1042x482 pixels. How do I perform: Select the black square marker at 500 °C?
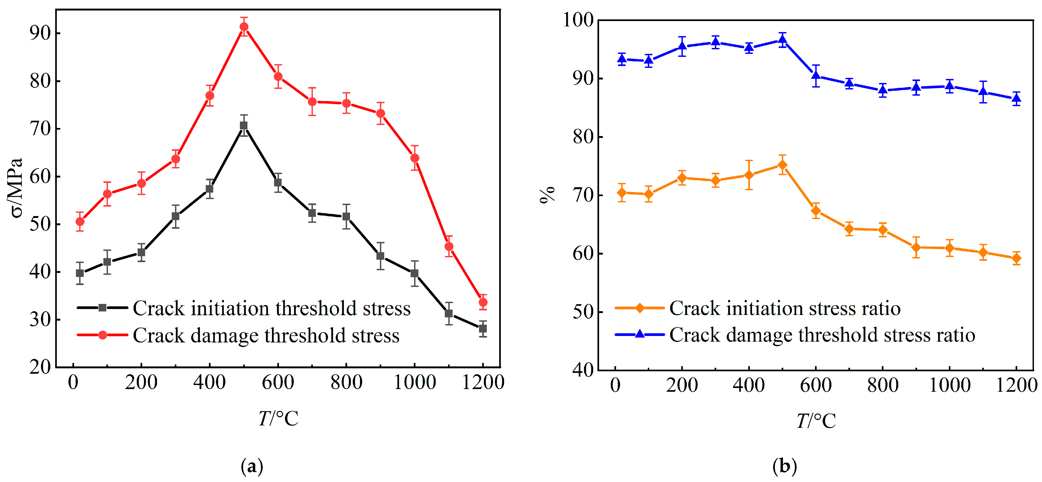[243, 126]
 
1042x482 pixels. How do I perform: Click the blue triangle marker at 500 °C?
[783, 40]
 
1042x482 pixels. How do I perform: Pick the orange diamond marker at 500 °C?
[783, 165]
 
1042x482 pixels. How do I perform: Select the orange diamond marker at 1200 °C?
[1016, 258]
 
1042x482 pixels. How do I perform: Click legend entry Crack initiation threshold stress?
[271, 308]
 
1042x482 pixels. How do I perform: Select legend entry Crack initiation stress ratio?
[785, 308]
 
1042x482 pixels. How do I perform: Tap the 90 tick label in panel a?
[40, 33]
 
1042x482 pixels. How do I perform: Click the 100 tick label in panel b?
[578, 19]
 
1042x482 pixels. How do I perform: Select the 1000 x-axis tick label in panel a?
[415, 382]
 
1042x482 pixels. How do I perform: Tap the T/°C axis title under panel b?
[816, 421]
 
